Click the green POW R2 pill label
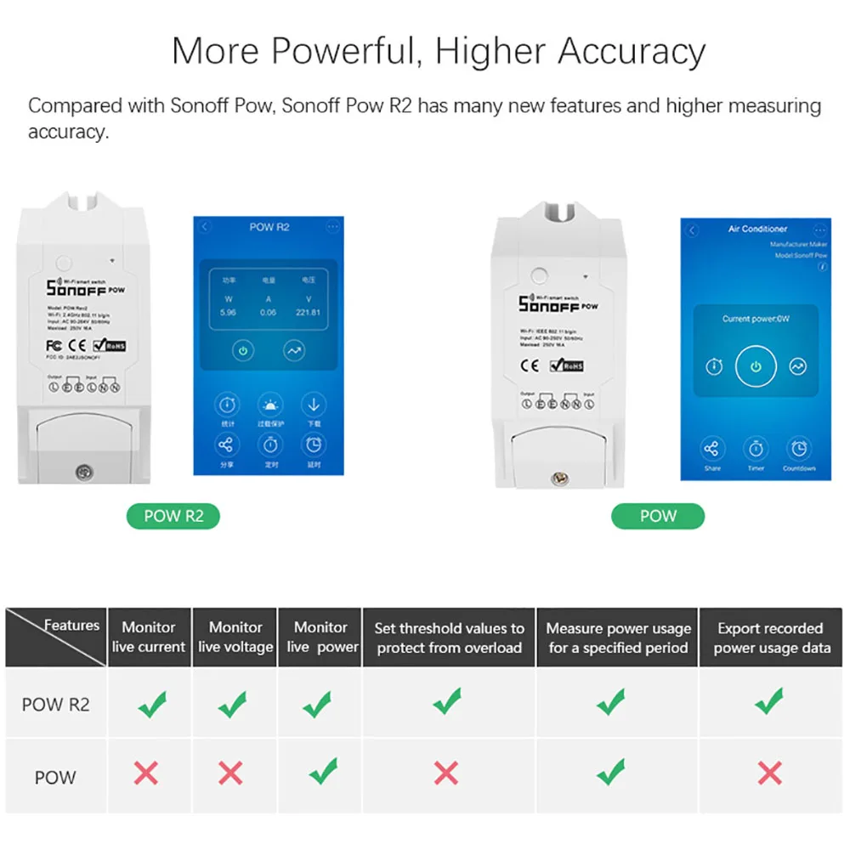173,516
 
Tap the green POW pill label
658,516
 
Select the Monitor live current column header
149,637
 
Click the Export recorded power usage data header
771,637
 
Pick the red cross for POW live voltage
230,773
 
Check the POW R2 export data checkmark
769,701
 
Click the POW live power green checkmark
322,771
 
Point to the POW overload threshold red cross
446,773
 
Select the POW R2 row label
55,704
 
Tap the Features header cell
56,636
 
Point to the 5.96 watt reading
228,312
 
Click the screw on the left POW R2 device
84,469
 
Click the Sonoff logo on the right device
549,303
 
